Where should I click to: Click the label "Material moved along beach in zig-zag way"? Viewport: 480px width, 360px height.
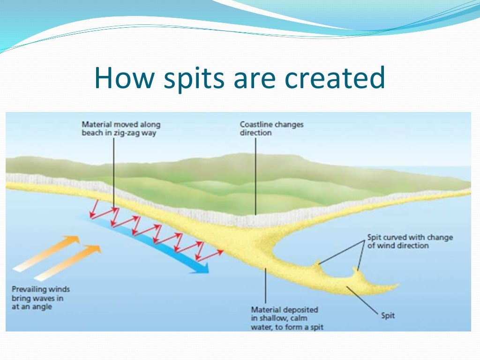(121, 128)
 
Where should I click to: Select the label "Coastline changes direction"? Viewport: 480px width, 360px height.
(271, 128)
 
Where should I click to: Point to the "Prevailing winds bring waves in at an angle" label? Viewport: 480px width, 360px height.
(41, 298)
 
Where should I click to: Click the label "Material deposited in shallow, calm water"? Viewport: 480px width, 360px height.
(287, 318)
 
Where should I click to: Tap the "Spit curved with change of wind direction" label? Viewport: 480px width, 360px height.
(410, 241)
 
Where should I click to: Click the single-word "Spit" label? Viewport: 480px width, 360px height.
(388, 315)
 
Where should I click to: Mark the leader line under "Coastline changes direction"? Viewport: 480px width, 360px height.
(255, 176)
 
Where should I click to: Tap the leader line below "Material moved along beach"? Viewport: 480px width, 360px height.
(114, 173)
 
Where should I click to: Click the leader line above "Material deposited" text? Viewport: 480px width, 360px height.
(265, 285)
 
